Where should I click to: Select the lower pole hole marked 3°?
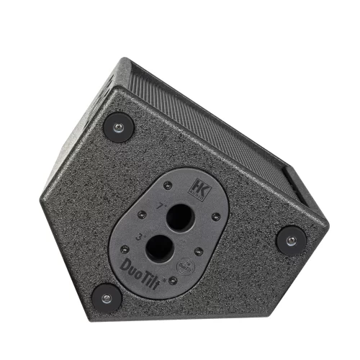click(158, 251)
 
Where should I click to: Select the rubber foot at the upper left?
click(119, 127)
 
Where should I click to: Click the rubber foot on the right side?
click(291, 240)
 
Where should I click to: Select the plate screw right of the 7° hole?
click(216, 216)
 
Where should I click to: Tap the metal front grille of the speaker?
click(216, 122)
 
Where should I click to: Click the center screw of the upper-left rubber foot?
click(119, 127)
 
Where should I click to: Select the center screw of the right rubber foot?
click(291, 240)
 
